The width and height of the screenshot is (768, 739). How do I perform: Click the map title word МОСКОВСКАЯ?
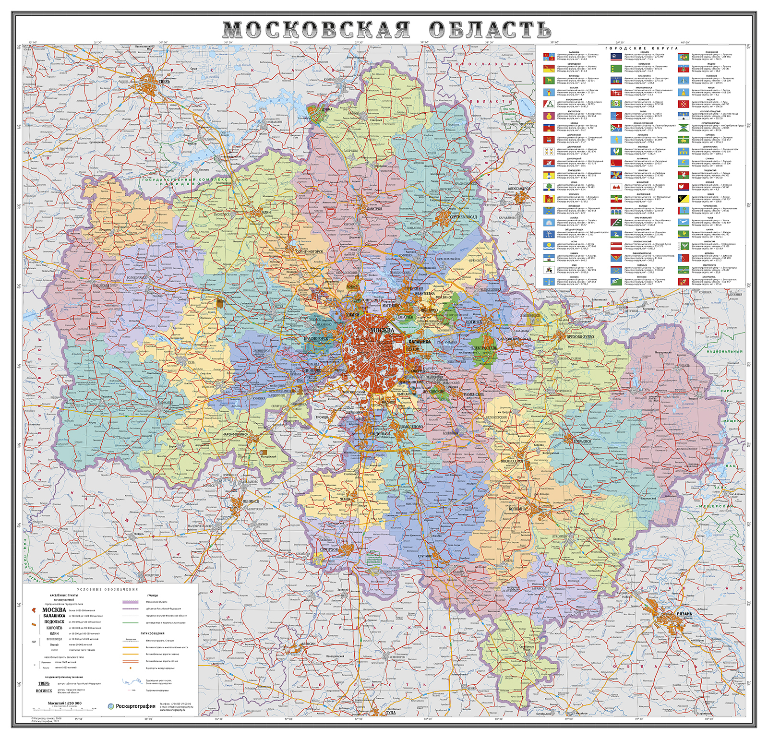(317, 30)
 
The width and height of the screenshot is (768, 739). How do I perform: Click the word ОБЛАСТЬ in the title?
(490, 30)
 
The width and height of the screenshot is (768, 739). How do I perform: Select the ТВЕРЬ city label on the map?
(164, 82)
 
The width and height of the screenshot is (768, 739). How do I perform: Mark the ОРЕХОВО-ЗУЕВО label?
(580, 336)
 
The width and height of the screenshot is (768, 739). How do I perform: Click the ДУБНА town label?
(327, 109)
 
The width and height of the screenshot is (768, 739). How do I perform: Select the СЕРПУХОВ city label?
(329, 549)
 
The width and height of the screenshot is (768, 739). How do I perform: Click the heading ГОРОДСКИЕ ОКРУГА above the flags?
(641, 48)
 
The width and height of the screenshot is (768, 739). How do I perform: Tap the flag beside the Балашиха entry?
(549, 57)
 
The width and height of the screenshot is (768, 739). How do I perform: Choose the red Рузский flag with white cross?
(684, 104)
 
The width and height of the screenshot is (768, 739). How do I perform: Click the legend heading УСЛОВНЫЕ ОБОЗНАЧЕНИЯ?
(108, 589)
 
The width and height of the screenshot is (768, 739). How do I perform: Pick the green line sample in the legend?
(131, 623)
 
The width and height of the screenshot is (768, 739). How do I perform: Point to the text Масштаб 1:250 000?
(65, 703)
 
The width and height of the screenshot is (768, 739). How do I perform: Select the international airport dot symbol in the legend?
(131, 668)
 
